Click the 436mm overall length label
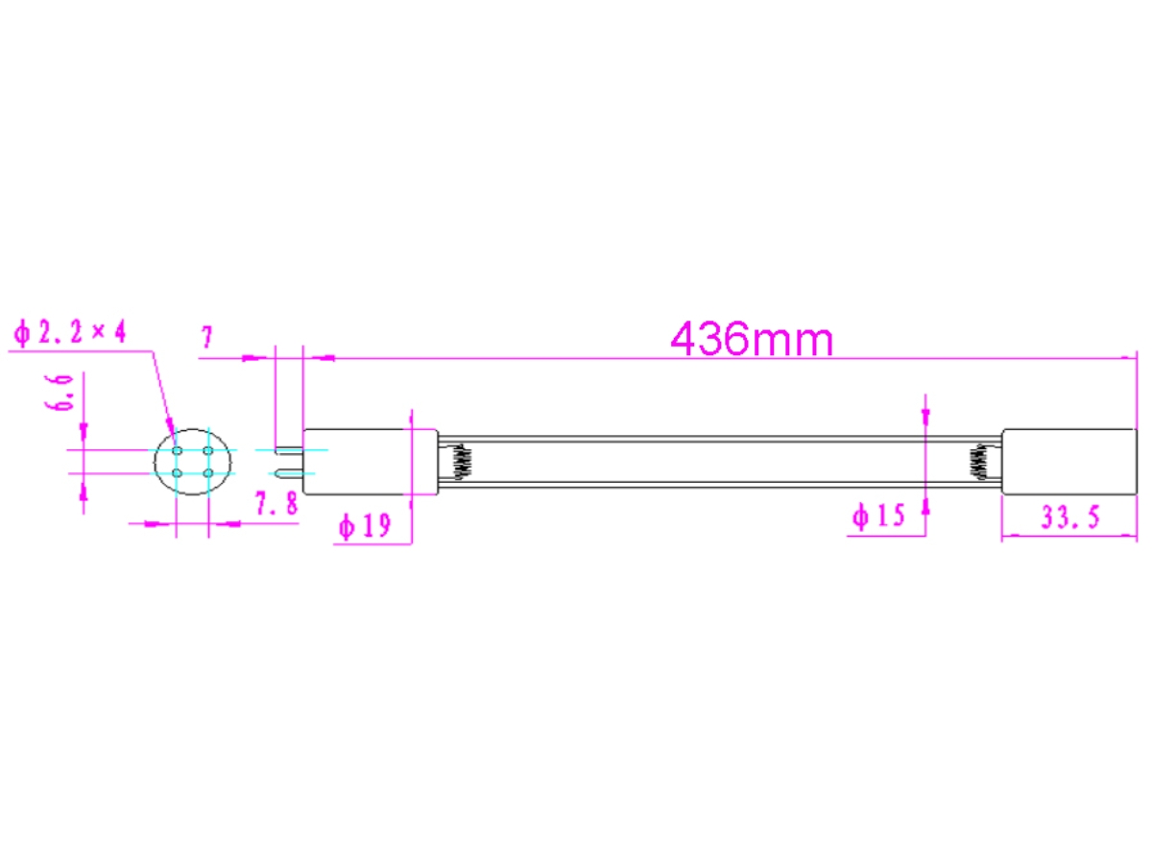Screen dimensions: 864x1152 [752, 339]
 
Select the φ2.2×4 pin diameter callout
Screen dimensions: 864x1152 [69, 332]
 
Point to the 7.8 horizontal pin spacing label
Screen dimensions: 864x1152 [276, 505]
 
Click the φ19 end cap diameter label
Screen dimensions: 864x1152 [365, 525]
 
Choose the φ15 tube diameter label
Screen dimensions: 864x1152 [877, 516]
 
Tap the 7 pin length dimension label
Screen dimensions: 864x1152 [206, 337]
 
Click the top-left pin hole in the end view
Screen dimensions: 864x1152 [178, 451]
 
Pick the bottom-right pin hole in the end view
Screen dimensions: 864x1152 [208, 471]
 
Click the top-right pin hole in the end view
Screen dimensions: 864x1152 [208, 451]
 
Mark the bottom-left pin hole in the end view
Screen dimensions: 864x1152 [178, 471]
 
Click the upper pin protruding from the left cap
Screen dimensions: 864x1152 [289, 450]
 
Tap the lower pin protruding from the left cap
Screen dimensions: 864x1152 [289, 471]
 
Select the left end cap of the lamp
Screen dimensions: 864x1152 [371, 462]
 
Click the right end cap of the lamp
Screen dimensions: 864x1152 [1068, 462]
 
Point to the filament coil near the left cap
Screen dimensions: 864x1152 [462, 462]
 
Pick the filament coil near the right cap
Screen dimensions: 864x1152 [979, 462]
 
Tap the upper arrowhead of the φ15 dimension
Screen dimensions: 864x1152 [925, 416]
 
